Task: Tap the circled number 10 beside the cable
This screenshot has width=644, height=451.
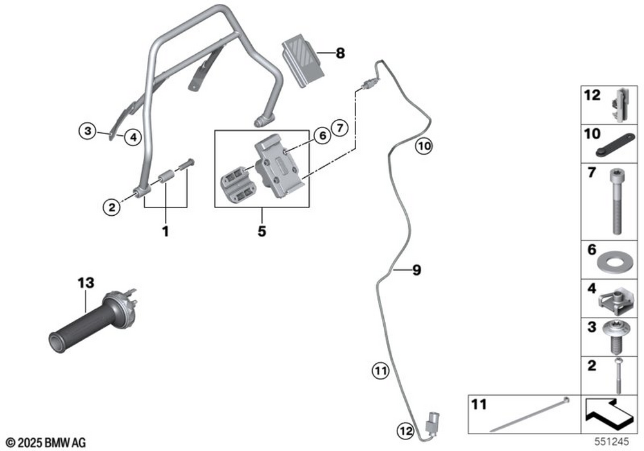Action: tap(422, 146)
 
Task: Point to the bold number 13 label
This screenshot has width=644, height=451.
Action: tap(86, 282)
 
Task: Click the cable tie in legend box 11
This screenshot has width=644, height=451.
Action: tap(528, 416)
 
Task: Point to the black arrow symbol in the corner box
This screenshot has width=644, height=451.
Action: tap(608, 414)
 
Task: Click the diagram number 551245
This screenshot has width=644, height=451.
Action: tap(611, 443)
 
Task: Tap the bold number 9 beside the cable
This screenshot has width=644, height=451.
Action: tap(417, 271)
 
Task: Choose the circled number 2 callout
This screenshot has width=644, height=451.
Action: tap(111, 207)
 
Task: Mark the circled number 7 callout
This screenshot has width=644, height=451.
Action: tap(340, 126)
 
